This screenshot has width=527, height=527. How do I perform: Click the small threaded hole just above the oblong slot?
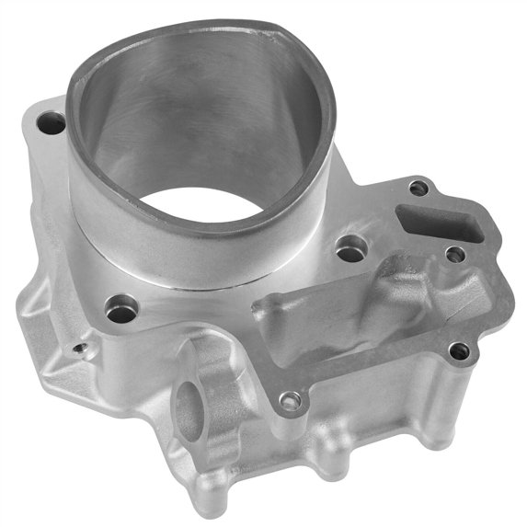tap(418, 188)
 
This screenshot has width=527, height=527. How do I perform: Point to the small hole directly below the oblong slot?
tap(454, 254)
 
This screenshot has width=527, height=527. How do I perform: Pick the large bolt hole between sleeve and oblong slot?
tap(349, 249)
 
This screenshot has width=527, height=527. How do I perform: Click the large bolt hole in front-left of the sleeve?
tap(120, 311)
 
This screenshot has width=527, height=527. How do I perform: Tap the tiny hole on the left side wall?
tap(80, 349)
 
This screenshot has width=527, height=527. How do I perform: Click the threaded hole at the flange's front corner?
tap(290, 401)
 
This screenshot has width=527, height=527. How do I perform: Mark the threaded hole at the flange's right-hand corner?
tap(459, 350)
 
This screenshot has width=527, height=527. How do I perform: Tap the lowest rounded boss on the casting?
tap(208, 498)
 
